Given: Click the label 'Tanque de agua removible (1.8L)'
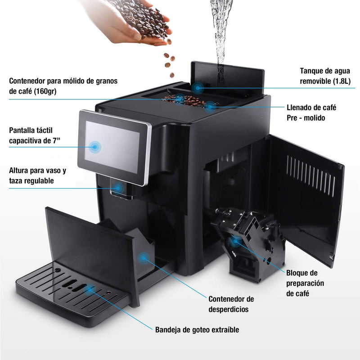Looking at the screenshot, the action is pyautogui.click(x=325, y=76).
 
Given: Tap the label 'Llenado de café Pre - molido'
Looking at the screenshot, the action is pyautogui.click(x=311, y=113).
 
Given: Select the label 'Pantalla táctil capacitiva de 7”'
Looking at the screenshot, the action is pyautogui.click(x=35, y=135).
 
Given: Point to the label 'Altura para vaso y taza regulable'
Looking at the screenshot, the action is pyautogui.click(x=37, y=175).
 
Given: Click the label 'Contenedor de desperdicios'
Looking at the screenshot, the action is pyautogui.click(x=231, y=304).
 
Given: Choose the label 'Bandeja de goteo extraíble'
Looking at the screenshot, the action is pyautogui.click(x=197, y=330).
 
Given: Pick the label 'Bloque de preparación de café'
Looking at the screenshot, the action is pyautogui.click(x=305, y=283).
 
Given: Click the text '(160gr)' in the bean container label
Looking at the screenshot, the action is pyautogui.click(x=45, y=91).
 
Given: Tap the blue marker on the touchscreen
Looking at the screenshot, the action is pyautogui.click(x=94, y=147).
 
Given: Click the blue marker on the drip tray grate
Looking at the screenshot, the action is pyautogui.click(x=89, y=289).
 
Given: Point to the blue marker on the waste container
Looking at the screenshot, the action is pyautogui.click(x=144, y=258).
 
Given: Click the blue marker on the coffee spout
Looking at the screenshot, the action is pyautogui.click(x=118, y=188).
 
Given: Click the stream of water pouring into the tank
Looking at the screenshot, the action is pyautogui.click(x=220, y=35).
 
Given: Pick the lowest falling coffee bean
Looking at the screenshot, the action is pyautogui.click(x=172, y=75).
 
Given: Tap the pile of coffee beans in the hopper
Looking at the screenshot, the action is pyautogui.click(x=184, y=100).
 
